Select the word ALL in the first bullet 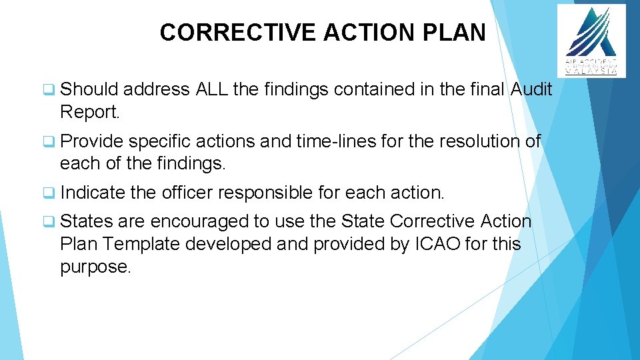click(x=213, y=89)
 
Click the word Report click(x=90, y=112)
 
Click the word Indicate click(x=92, y=193)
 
